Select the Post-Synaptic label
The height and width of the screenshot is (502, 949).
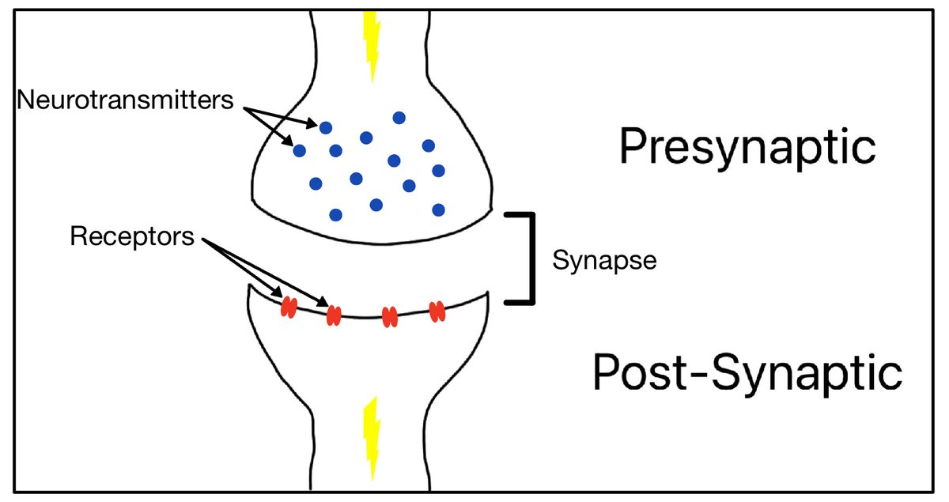(x=747, y=373)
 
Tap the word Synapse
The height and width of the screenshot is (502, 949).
(x=605, y=260)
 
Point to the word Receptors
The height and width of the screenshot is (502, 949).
(x=132, y=236)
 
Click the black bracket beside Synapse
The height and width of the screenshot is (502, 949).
(x=525, y=258)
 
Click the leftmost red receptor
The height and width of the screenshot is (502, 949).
(x=289, y=307)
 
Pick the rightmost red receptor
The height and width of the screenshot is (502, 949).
(x=437, y=311)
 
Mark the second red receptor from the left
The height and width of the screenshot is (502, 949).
(x=334, y=315)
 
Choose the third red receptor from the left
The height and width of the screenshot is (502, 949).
(x=389, y=316)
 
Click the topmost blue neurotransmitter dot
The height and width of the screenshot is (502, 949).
(x=399, y=117)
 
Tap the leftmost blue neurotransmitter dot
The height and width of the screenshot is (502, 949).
(x=299, y=149)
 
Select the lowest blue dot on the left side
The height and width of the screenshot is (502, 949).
(x=336, y=214)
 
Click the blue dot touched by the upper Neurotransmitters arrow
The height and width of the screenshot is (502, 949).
(x=326, y=126)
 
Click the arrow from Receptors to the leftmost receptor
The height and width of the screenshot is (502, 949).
(x=245, y=270)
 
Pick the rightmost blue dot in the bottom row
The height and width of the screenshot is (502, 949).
(x=439, y=209)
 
